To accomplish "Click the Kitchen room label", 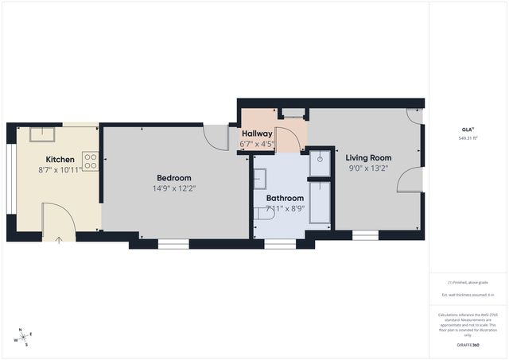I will [60, 159].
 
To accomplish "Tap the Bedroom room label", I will [173, 177].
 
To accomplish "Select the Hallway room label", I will [257, 134].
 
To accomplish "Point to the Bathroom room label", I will [285, 198].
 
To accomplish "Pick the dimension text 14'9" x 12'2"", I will [173, 188].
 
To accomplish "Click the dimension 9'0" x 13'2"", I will [369, 168].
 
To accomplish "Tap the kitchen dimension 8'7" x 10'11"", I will [60, 170].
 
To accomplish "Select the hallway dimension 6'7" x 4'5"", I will [257, 145].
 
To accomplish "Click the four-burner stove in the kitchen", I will [90, 162].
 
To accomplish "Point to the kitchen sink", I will [42, 134].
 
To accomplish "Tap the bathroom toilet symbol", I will [260, 214].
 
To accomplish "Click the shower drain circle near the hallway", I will [320, 159].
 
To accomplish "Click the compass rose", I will [24, 337].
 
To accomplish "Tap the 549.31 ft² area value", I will [467, 138].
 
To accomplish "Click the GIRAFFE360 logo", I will [468, 346].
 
